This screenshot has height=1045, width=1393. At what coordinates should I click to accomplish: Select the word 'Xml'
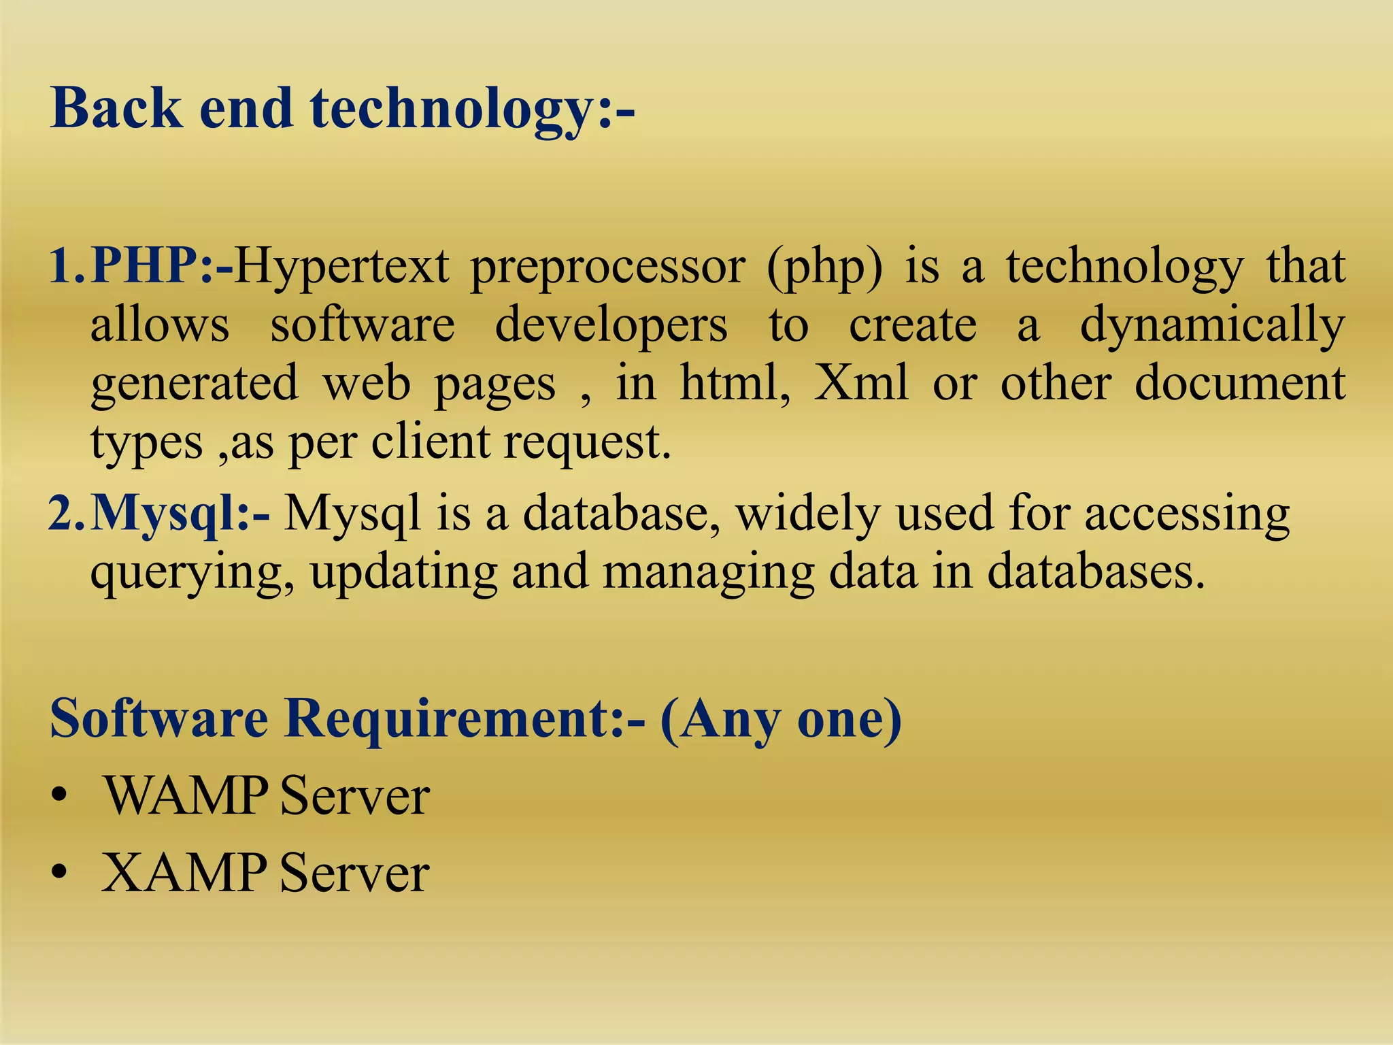click(861, 383)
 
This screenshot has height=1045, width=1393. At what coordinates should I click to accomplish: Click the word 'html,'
click(735, 383)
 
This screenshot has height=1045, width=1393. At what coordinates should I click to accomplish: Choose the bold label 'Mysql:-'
click(180, 514)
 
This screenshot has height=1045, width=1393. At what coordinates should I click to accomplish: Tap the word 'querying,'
click(192, 573)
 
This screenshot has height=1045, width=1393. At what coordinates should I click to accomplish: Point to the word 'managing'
click(708, 573)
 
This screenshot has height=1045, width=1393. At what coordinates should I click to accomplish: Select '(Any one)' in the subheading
click(781, 720)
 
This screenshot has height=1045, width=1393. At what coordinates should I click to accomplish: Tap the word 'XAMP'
click(184, 872)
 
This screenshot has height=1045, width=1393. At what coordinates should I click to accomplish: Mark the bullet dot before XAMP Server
click(60, 873)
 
